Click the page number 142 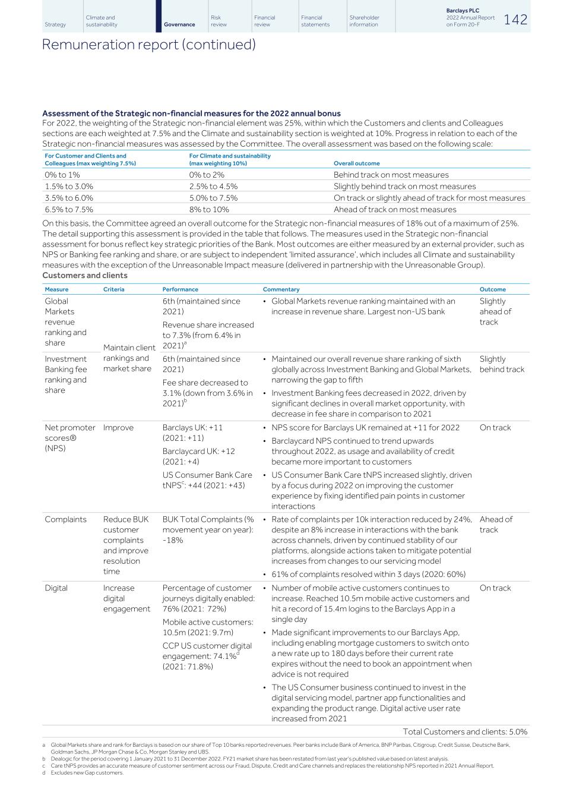tap(515, 20)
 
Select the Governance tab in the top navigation tap(179, 24)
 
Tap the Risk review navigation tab tap(219, 21)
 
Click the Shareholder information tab tap(364, 21)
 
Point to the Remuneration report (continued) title tap(148, 45)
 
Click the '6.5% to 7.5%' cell tap(69, 209)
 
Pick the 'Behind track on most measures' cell tap(391, 175)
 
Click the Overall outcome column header tap(356, 163)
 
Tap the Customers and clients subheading tap(85, 275)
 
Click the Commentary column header tap(281, 289)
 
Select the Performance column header tap(180, 289)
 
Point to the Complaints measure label tap(65, 519)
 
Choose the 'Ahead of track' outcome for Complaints tap(496, 524)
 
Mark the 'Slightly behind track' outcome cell tap(502, 364)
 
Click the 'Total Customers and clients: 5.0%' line tap(464, 732)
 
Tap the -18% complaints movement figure tap(173, 540)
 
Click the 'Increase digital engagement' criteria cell tap(126, 598)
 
